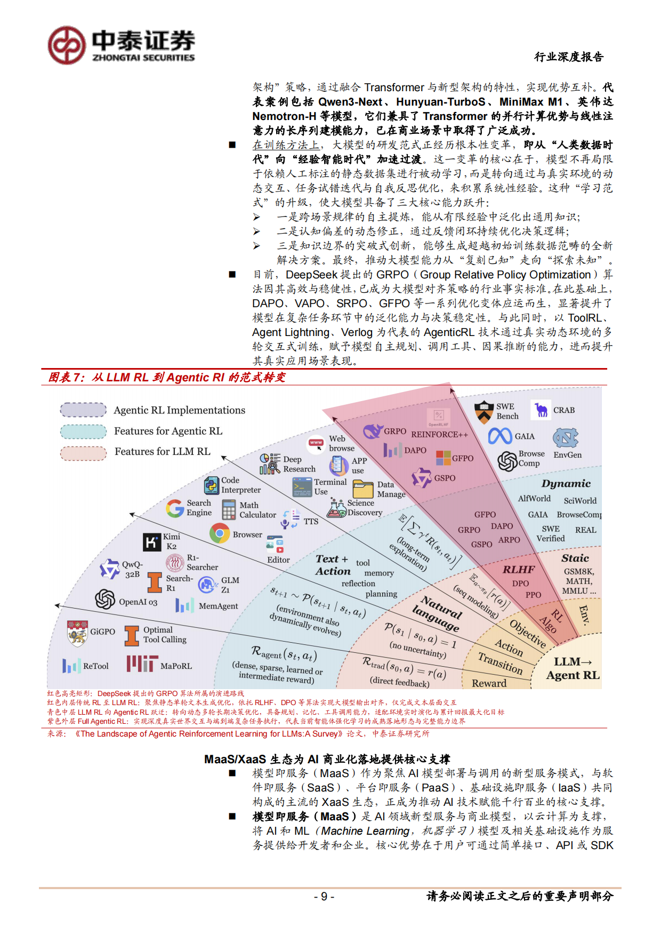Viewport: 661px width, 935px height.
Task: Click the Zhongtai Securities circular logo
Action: (67, 45)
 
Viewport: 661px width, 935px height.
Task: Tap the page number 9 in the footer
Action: (324, 896)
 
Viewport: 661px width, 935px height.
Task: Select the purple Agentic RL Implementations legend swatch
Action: (83, 410)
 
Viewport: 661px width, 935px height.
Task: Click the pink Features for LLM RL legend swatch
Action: (83, 452)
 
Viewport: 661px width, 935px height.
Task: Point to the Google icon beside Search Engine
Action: (175, 508)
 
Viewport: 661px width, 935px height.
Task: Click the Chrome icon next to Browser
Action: (220, 533)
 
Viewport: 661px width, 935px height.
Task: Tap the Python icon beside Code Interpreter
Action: (212, 485)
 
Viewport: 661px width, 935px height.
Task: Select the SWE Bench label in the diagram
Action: (507, 411)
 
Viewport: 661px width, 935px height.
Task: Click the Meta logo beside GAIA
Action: (500, 436)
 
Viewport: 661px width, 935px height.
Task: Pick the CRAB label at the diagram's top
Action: (563, 410)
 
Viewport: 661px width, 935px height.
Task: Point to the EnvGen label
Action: (567, 455)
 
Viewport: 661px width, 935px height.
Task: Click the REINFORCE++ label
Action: (439, 434)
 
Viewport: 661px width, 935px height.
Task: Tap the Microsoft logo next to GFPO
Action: (443, 458)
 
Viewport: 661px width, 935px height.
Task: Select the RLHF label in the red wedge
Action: (518, 570)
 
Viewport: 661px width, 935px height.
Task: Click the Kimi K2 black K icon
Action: (152, 542)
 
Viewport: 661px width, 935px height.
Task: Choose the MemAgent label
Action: (218, 606)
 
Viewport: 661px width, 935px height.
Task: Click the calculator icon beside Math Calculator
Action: (229, 509)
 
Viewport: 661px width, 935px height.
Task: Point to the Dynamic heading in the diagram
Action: (566, 484)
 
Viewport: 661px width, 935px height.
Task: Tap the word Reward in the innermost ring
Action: (489, 683)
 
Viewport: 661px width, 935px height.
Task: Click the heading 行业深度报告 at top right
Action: (569, 57)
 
